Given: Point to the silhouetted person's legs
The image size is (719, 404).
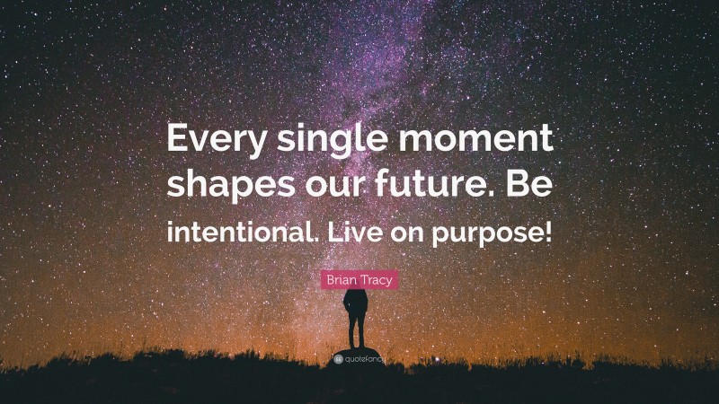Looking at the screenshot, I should tap(359, 332).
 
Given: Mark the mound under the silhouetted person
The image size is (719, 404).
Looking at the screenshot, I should tap(359, 350).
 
